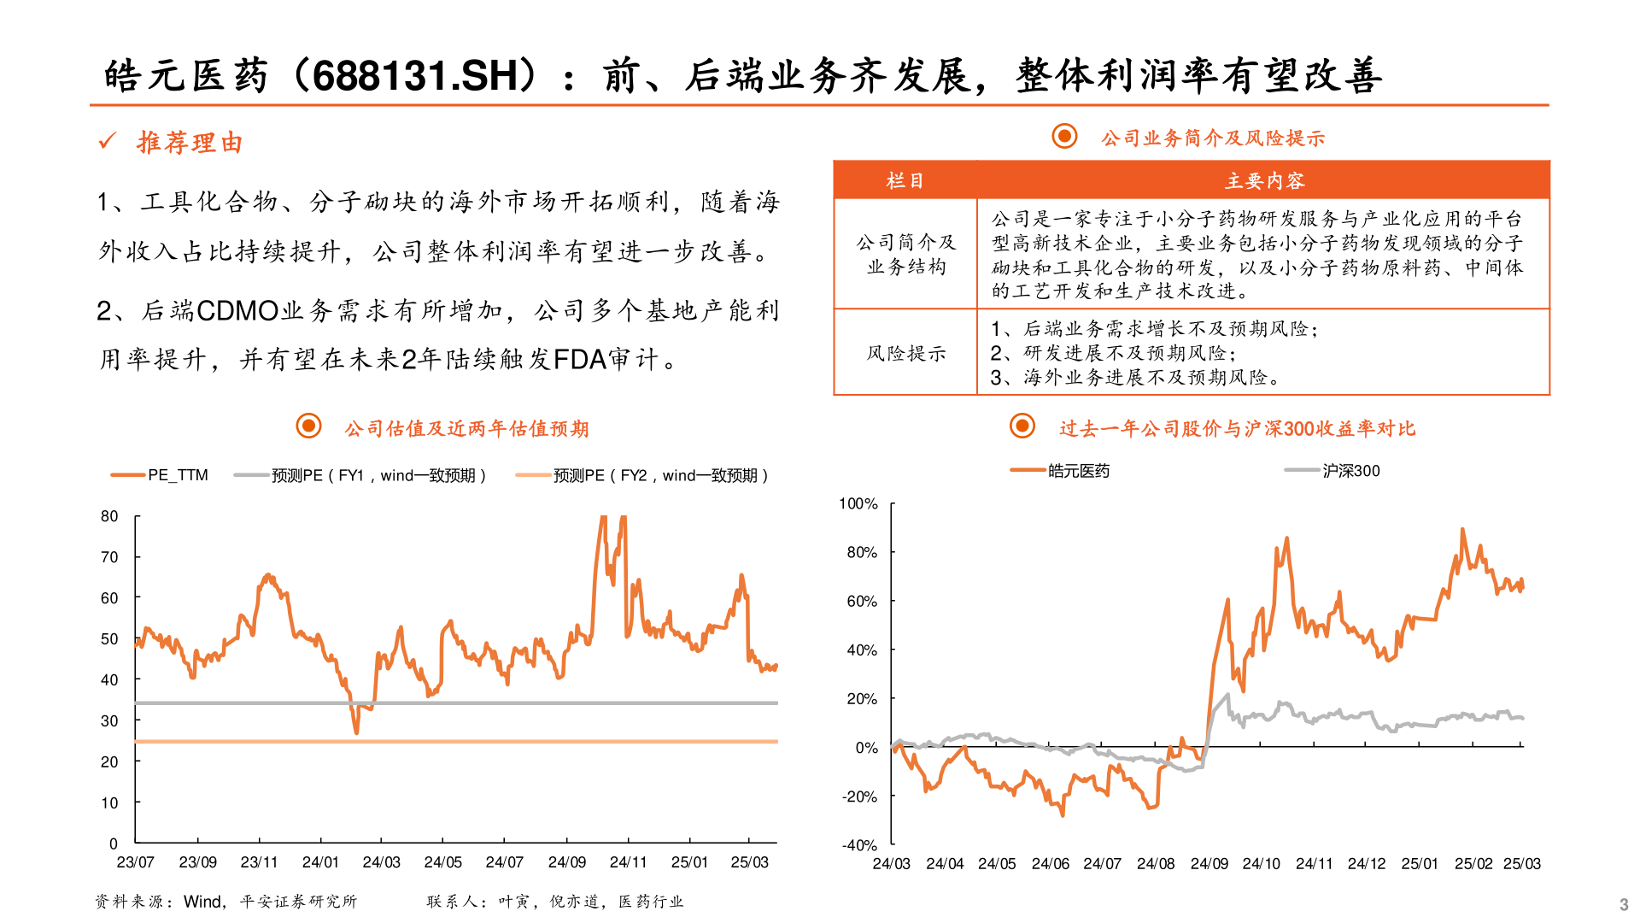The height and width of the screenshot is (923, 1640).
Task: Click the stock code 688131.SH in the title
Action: pyautogui.click(x=415, y=76)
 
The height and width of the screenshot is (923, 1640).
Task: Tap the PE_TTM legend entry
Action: pyautogui.click(x=178, y=475)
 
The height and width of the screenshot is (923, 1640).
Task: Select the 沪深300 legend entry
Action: pyautogui.click(x=1350, y=471)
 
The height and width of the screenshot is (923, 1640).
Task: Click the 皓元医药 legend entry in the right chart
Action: pyautogui.click(x=1079, y=471)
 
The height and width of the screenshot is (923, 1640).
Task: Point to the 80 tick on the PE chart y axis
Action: pyautogui.click(x=109, y=516)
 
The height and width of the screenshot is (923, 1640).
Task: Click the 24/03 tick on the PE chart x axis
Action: pyautogui.click(x=381, y=862)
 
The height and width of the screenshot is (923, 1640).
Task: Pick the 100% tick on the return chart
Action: pyautogui.click(x=858, y=504)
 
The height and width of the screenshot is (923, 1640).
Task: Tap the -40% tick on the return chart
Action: pyautogui.click(x=859, y=845)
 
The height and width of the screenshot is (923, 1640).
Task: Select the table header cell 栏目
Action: pyautogui.click(x=905, y=180)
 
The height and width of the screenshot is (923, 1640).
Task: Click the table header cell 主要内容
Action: pyautogui.click(x=1264, y=180)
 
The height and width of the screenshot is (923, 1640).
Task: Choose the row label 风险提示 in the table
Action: pyautogui.click(x=905, y=353)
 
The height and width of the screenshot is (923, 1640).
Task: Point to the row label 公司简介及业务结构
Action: pyautogui.click(x=905, y=255)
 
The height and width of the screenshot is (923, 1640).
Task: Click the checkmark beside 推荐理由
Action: pyautogui.click(x=108, y=141)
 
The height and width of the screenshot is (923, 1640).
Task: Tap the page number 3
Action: pyautogui.click(x=1623, y=904)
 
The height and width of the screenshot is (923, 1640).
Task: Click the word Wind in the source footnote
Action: pyautogui.click(x=202, y=902)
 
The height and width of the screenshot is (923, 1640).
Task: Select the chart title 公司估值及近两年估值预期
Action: pyautogui.click(x=466, y=428)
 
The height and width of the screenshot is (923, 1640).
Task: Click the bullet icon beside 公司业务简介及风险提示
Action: pyautogui.click(x=1064, y=136)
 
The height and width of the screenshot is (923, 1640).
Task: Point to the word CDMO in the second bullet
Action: pyautogui.click(x=237, y=310)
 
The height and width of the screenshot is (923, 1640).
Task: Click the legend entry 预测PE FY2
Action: pyautogui.click(x=660, y=475)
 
